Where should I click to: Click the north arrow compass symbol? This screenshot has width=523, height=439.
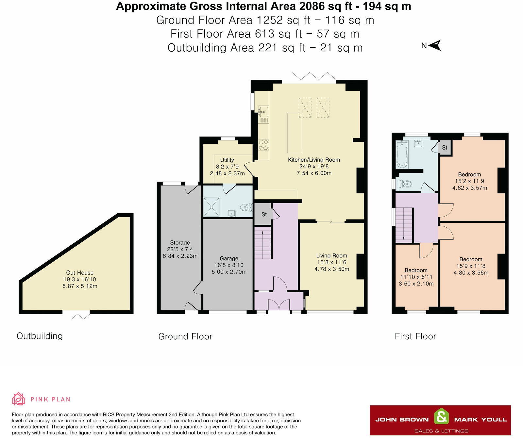[435, 45]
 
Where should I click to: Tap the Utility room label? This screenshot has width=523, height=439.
[227, 160]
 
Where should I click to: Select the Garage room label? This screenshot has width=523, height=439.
[229, 258]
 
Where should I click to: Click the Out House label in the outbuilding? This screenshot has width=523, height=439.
[80, 273]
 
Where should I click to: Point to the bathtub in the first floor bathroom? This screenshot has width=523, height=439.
[402, 154]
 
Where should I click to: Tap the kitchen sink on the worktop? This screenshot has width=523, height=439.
[263, 111]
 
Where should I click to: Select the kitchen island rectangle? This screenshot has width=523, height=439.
[295, 133]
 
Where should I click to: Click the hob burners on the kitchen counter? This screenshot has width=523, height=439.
[264, 145]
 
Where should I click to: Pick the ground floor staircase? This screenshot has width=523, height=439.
[263, 243]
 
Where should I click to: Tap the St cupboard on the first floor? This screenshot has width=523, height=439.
[445, 148]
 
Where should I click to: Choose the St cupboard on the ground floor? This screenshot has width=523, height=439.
[263, 214]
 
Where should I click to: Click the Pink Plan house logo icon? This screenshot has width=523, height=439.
[19, 399]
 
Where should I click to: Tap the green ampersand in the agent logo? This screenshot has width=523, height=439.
[441, 417]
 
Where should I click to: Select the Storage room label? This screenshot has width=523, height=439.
[180, 243]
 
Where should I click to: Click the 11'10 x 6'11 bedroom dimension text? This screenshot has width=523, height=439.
[416, 277]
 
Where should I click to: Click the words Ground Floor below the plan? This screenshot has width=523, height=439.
[185, 336]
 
